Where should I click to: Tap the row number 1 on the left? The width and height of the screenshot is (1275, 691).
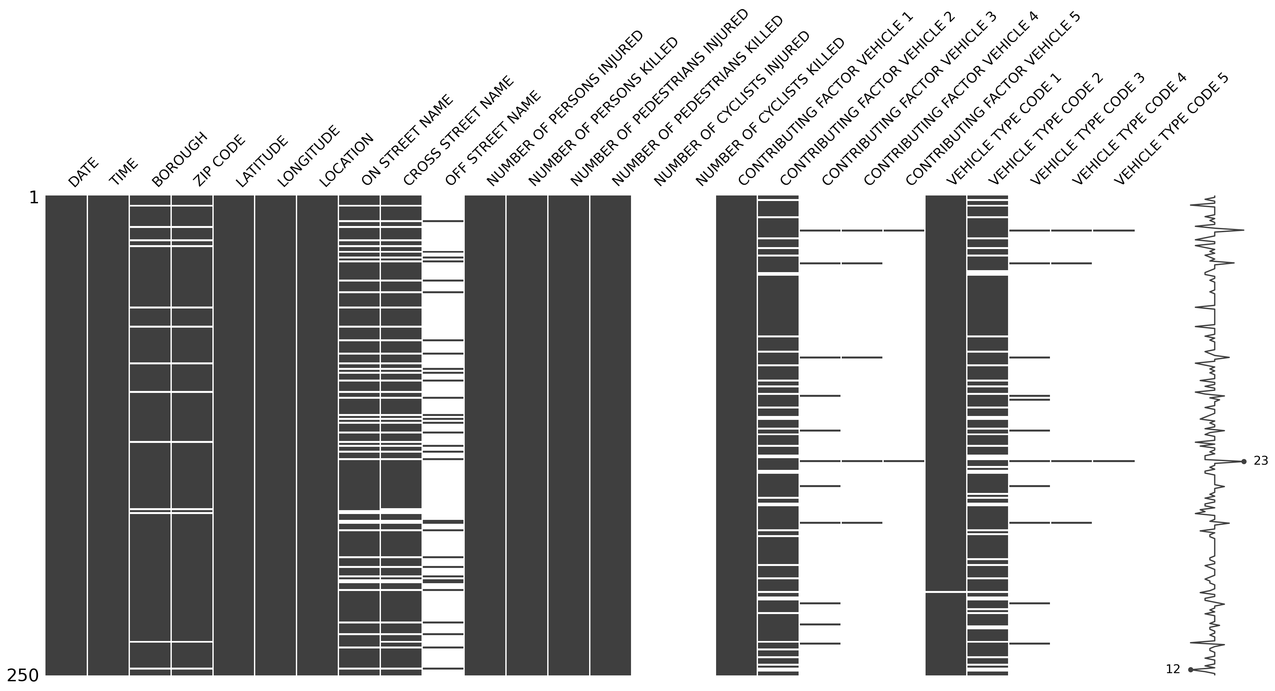point(34,198)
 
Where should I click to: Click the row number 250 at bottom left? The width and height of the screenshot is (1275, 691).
point(23,675)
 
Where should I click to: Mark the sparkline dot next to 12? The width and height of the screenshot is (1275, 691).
point(1190,670)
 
